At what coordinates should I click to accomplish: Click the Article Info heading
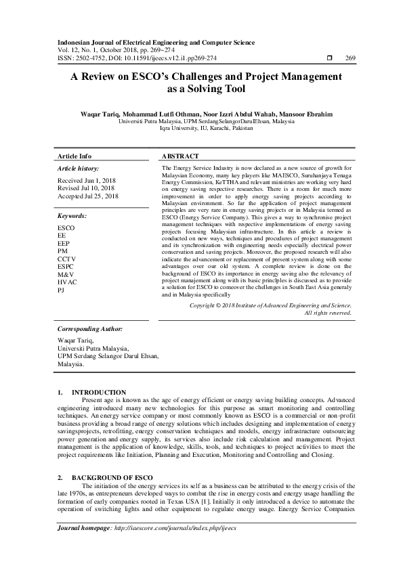75,155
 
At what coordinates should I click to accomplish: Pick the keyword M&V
66,273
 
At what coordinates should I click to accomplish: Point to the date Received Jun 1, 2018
87,181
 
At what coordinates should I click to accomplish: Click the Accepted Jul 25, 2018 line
89,196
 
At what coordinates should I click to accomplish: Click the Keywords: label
72,215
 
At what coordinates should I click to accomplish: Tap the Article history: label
78,168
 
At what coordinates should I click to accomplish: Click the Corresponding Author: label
89,328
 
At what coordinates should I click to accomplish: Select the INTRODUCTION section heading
99,392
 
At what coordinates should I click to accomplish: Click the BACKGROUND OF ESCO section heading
112,478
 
